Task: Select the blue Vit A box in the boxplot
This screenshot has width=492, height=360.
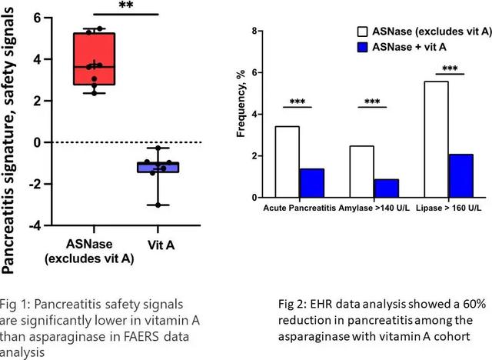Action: pos(158,167)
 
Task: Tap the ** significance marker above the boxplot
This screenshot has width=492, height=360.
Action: pos(127,5)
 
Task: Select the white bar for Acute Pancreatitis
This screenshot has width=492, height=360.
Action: pos(287,162)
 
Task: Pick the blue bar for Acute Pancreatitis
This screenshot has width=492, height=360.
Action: pos(311,183)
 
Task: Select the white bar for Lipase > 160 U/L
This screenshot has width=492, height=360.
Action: pos(436,139)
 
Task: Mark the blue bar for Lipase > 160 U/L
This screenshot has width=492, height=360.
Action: pos(460,175)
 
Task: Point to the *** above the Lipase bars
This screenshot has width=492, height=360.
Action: pos(450,68)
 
